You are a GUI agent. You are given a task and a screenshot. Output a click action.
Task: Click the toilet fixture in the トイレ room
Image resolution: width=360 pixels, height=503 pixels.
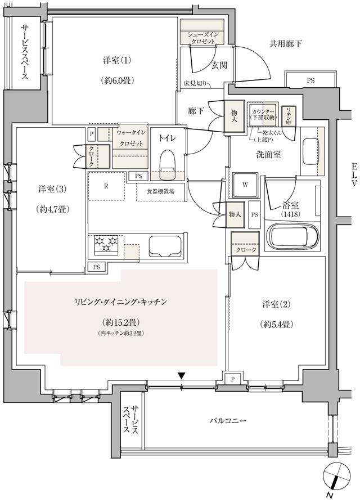click(x=167, y=163)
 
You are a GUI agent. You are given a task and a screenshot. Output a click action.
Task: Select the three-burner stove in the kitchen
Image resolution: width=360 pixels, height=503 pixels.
click(x=106, y=244)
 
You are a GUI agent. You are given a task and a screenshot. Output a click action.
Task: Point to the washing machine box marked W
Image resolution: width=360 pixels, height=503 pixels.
click(x=246, y=185)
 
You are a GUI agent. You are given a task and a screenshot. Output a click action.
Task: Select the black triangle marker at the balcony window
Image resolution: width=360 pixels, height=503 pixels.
click(x=181, y=375)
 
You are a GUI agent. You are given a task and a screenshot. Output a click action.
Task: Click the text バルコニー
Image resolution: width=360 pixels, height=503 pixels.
click(x=229, y=420)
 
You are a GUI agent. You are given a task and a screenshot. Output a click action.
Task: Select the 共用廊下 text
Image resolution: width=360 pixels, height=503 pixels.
click(x=284, y=43)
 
